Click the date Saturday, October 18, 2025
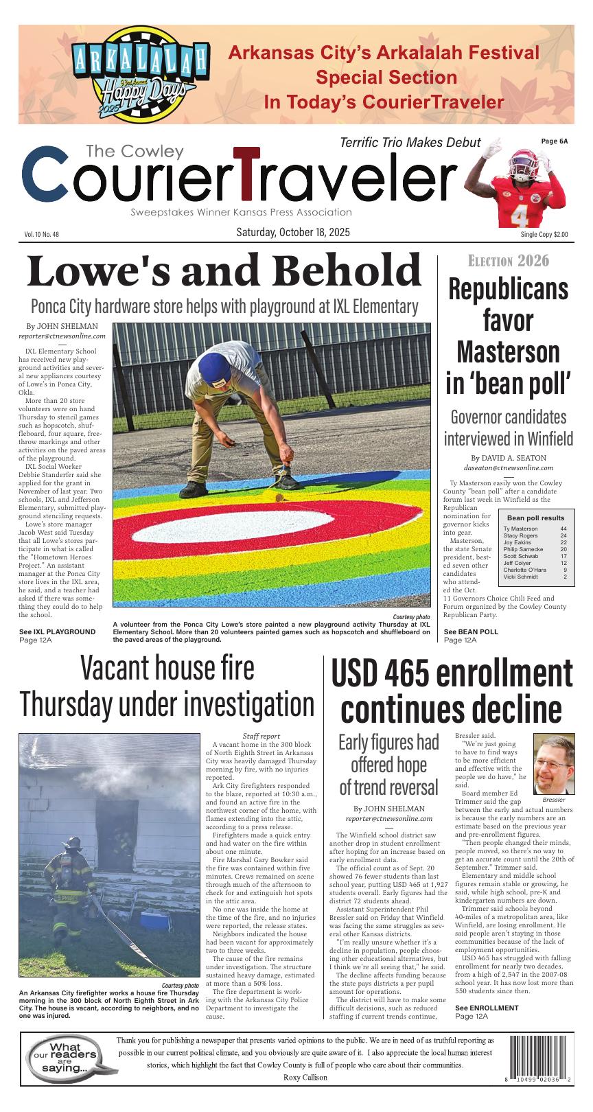pos(293,233)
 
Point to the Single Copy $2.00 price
pos(544,235)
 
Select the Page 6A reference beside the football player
pos(555,141)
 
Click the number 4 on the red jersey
pos(519,215)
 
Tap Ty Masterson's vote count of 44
pos(563,529)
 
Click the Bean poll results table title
pos(535,518)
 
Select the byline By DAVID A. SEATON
pos(508,458)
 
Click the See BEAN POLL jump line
pos(471,632)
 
